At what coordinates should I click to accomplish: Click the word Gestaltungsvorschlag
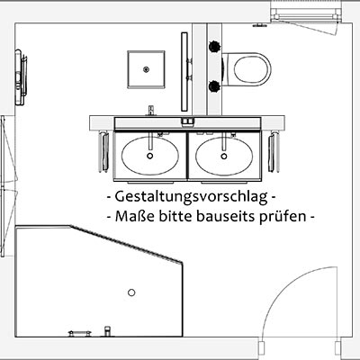click(x=191, y=197)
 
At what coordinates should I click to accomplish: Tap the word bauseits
click(x=225, y=216)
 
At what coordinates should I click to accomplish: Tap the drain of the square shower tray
click(x=146, y=69)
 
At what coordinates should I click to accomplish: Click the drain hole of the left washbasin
click(x=150, y=156)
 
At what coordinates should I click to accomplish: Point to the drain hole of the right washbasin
click(x=224, y=156)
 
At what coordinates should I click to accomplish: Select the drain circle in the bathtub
click(x=131, y=292)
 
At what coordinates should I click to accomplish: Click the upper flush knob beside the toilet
click(x=214, y=46)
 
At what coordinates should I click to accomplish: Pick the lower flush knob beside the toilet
click(x=214, y=86)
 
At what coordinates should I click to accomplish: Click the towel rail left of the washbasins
click(x=103, y=151)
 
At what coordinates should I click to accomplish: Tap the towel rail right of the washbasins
click(x=274, y=151)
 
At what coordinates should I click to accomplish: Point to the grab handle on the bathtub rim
click(x=79, y=333)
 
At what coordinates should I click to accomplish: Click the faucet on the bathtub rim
click(x=107, y=331)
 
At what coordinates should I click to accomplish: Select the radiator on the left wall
click(x=21, y=77)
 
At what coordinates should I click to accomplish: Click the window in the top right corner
click(x=306, y=14)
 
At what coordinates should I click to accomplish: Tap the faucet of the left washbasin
click(x=151, y=111)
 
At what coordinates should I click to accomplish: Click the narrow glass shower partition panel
click(x=184, y=72)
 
